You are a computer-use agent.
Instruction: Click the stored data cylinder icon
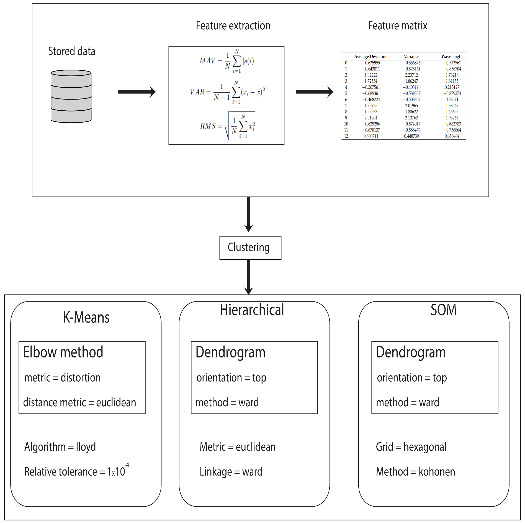(71, 96)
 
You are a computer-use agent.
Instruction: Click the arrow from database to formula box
(137, 92)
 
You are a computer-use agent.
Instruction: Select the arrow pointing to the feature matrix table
(314, 92)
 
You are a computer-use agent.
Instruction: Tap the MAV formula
(227, 61)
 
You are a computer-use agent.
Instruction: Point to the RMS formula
(227, 126)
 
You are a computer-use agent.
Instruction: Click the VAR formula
(227, 92)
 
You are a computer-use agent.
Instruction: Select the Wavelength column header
(452, 56)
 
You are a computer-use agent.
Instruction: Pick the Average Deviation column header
(371, 56)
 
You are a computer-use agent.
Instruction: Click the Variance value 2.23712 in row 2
(411, 75)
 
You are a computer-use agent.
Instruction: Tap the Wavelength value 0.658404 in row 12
(452, 136)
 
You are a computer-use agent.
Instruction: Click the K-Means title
(86, 317)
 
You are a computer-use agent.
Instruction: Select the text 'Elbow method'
(63, 352)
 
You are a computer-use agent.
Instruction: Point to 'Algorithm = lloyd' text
(60, 447)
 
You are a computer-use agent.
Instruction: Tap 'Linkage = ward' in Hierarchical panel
(231, 472)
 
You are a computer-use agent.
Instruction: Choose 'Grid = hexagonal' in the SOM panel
(411, 447)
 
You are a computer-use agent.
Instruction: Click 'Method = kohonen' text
(415, 472)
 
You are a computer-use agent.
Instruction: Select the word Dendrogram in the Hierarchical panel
(230, 352)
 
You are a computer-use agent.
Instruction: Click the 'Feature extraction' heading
(233, 26)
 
